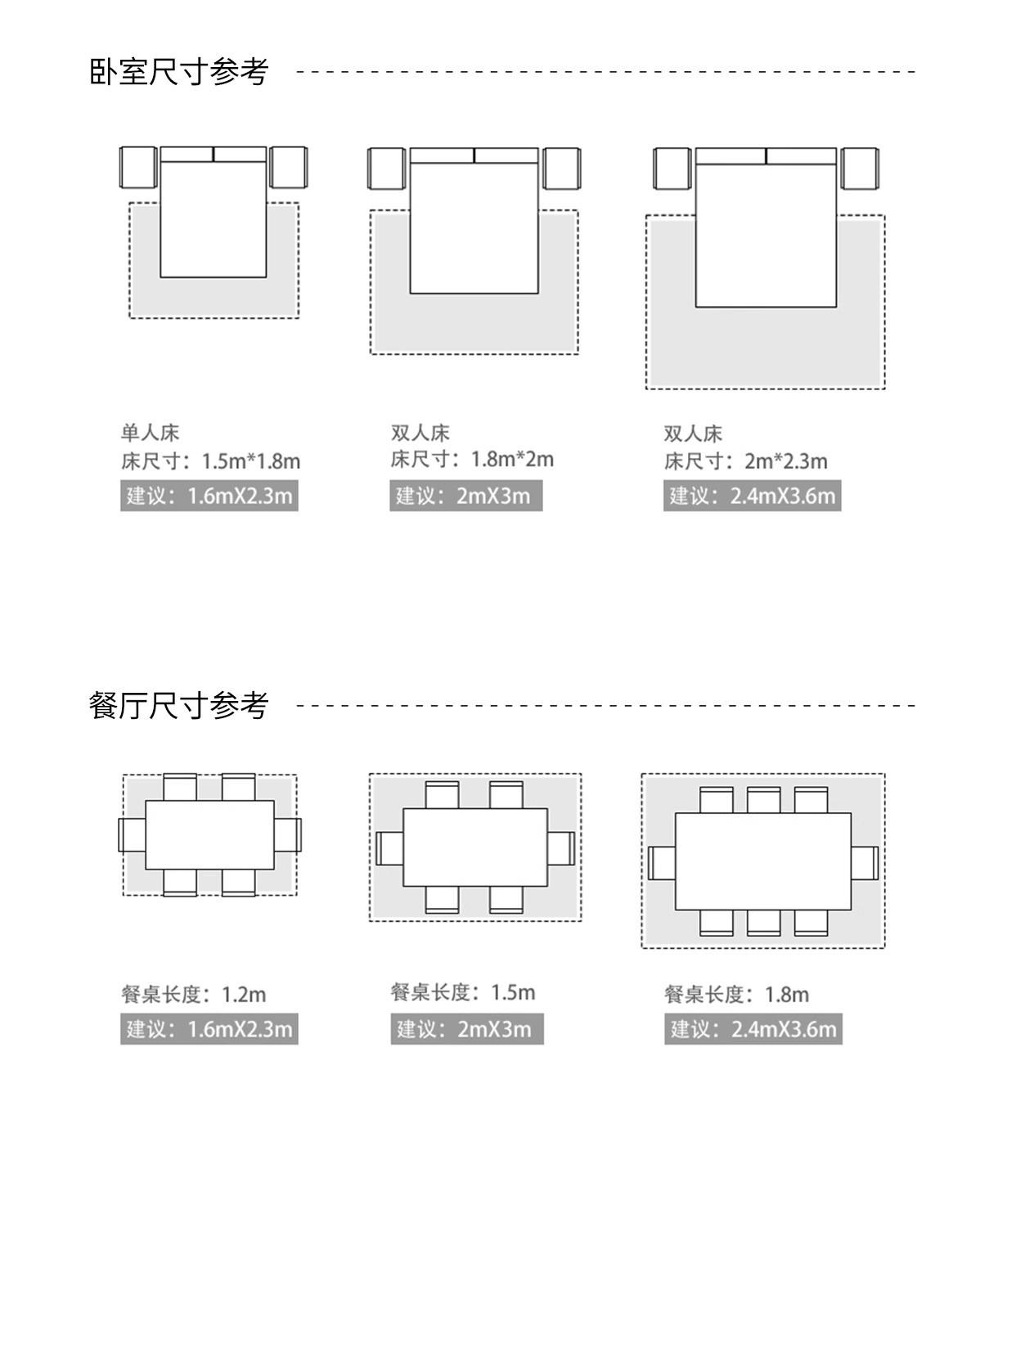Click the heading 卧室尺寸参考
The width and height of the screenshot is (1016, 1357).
point(178,72)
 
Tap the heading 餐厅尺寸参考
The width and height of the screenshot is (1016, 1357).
point(178,705)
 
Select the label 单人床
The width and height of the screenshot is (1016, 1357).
point(150,433)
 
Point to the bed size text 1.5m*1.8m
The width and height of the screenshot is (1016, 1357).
point(250,461)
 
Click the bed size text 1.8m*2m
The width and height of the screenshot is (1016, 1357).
point(512,459)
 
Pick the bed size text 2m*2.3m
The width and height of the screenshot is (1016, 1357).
point(785,461)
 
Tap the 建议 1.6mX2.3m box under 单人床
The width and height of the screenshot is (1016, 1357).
point(209,496)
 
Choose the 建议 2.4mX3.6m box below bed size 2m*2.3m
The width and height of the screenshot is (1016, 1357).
point(752,496)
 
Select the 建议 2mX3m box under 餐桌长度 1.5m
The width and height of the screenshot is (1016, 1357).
point(466,1029)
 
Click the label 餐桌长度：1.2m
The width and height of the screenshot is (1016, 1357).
point(194,995)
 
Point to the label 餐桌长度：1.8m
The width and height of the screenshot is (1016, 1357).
point(736,995)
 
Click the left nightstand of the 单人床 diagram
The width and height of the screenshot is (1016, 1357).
point(137,168)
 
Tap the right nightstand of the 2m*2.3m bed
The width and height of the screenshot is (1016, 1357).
point(860,169)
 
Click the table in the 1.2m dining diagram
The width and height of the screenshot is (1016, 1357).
point(209,834)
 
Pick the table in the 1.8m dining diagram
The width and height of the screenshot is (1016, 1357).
point(762,861)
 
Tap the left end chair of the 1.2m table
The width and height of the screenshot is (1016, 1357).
point(132,834)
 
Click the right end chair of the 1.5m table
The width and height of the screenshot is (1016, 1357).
point(561,848)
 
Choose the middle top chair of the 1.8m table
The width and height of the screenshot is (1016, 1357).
point(762,800)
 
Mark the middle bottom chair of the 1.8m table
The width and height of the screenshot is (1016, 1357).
point(762,923)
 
